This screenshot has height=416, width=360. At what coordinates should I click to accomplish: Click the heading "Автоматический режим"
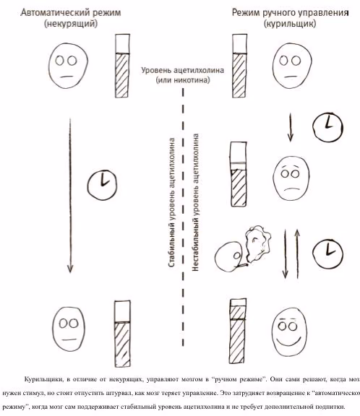click(x=71, y=12)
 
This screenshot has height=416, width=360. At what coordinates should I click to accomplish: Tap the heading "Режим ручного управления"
click(x=290, y=12)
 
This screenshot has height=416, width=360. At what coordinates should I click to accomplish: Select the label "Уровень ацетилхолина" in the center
click(x=182, y=70)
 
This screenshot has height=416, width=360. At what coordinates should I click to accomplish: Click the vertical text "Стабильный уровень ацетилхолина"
click(x=172, y=202)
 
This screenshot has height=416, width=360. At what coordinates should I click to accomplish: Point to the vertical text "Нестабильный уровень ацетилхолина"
click(x=195, y=202)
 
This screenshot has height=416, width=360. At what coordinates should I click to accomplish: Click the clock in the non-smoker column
click(x=102, y=185)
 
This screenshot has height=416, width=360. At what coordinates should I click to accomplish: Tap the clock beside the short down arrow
click(x=328, y=127)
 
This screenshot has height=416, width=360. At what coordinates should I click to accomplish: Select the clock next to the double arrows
click(x=327, y=253)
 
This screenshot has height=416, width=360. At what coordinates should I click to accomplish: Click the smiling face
click(x=290, y=331)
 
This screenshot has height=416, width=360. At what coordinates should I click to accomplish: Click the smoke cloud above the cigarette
click(x=257, y=242)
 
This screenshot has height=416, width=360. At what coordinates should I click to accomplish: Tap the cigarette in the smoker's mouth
click(x=242, y=265)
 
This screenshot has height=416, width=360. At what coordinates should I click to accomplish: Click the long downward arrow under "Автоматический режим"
click(x=70, y=196)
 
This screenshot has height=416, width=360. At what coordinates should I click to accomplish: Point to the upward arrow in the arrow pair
click(x=297, y=253)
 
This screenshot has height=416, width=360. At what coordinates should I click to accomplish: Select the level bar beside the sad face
click(x=239, y=174)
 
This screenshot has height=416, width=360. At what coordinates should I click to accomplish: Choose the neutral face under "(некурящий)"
click(x=68, y=66)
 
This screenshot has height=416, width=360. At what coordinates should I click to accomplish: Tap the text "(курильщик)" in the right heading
click(x=290, y=24)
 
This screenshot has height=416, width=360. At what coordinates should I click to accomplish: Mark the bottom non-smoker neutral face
click(x=69, y=329)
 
